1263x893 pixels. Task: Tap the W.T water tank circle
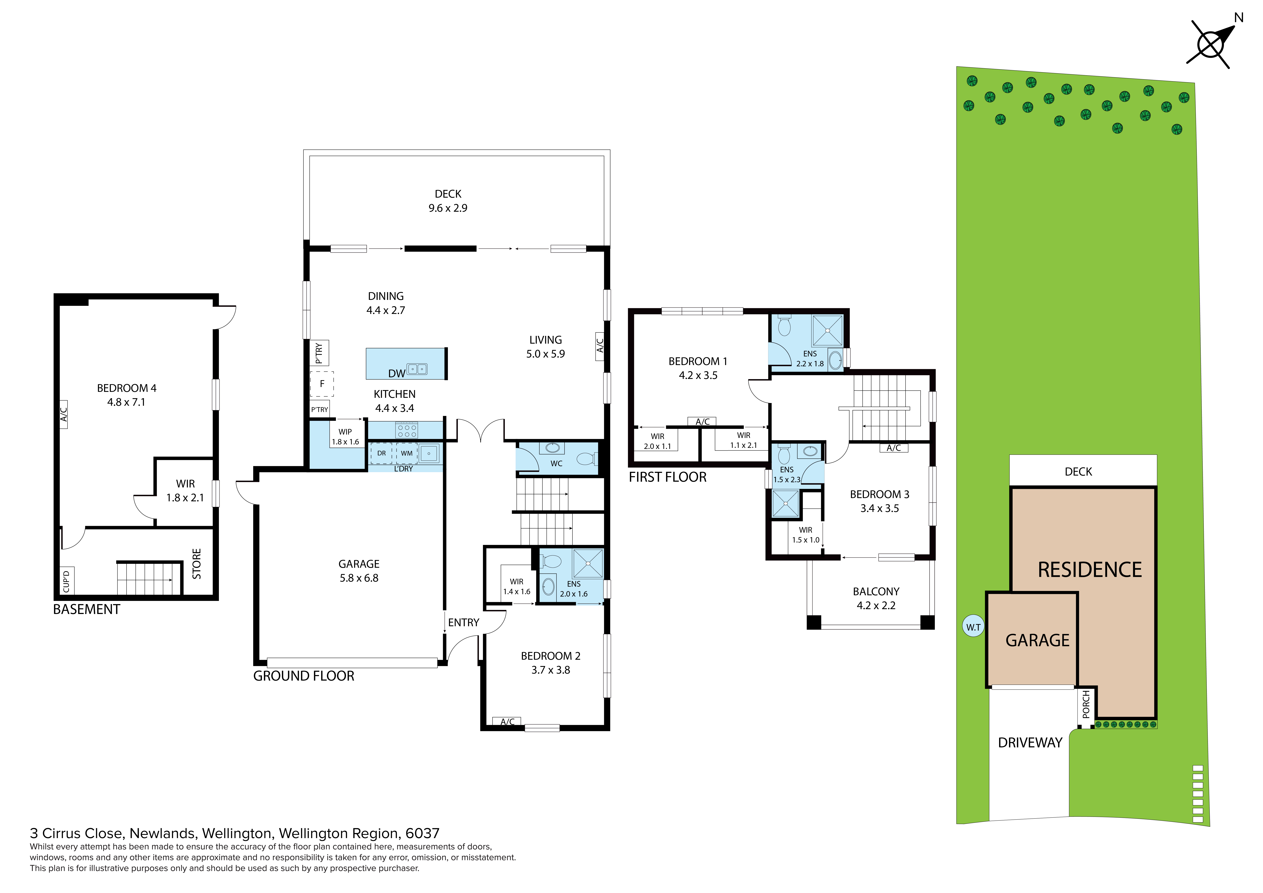tap(973, 627)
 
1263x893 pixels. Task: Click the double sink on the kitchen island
tap(416, 369)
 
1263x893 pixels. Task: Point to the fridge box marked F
tap(322, 384)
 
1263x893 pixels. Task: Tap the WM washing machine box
tap(406, 453)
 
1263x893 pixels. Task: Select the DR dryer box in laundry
tap(381, 453)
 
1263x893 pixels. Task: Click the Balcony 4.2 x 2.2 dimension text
tap(876, 605)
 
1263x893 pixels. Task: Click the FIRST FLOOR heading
tap(667, 477)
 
